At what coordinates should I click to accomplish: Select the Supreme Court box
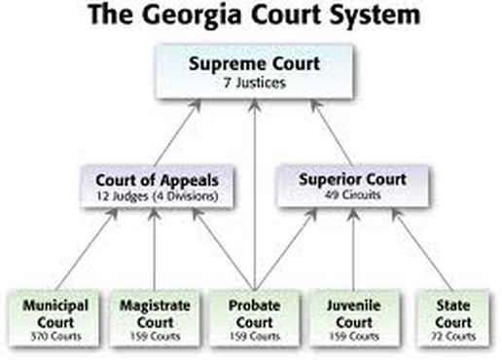[x=255, y=71]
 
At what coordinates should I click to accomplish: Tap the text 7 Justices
[x=255, y=83]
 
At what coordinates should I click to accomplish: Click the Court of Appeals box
[x=158, y=186]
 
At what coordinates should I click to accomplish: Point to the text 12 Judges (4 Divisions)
[x=158, y=196]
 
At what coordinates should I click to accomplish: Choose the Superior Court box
[x=353, y=186]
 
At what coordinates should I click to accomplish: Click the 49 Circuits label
[x=353, y=195]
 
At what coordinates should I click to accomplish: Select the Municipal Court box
[x=55, y=318]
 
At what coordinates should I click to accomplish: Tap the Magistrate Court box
[x=155, y=318]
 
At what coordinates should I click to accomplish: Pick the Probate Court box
[x=255, y=318]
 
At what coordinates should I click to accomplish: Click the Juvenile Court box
[x=354, y=318]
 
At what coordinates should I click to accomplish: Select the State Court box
[x=453, y=318]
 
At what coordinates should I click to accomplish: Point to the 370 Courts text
[x=55, y=336]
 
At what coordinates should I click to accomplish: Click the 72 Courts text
[x=453, y=336]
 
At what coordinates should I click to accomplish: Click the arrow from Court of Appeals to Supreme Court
[x=178, y=132]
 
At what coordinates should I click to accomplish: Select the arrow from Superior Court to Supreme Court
[x=332, y=132]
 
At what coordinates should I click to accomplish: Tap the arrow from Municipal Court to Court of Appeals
[x=87, y=249]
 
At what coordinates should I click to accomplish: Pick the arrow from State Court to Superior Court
[x=422, y=249]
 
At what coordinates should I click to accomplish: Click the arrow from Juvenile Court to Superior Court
[x=353, y=249]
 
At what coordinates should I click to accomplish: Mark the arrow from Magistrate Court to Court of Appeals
[x=155, y=249]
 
